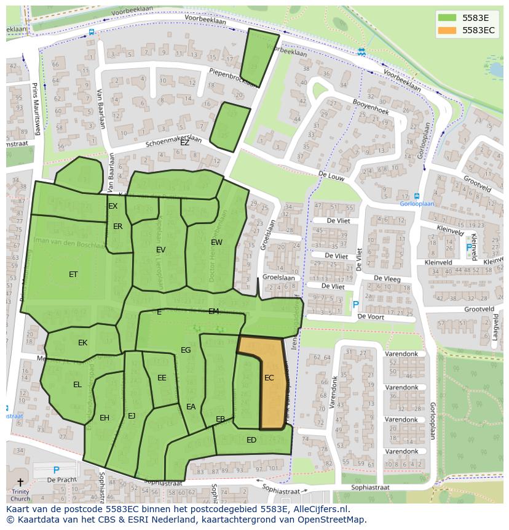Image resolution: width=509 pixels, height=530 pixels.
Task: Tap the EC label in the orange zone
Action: click(x=269, y=378)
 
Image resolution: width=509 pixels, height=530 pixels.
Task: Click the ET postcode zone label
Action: click(x=73, y=275)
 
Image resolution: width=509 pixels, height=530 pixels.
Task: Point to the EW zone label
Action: click(x=216, y=243)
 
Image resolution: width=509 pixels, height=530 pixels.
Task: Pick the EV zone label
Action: click(x=160, y=250)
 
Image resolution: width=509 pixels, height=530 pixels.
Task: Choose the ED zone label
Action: click(x=251, y=440)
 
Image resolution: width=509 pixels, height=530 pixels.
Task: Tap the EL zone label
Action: click(x=77, y=385)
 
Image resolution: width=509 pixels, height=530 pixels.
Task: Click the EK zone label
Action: click(x=82, y=343)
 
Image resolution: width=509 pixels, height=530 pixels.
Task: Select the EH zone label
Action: click(x=105, y=418)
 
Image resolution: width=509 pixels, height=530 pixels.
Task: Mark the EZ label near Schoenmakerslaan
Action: click(x=184, y=142)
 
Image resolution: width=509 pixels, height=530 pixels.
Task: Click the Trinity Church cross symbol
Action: click(x=20, y=482)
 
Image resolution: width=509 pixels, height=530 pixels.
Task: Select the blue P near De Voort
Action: click(x=355, y=305)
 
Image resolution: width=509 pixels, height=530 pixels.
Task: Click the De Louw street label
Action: click(x=330, y=175)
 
